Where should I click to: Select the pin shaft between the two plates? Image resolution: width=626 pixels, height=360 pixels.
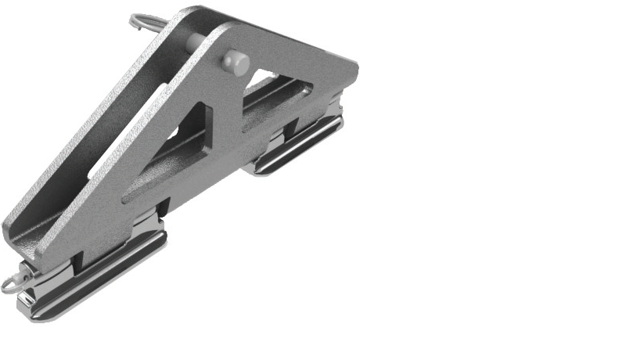[x=196, y=43]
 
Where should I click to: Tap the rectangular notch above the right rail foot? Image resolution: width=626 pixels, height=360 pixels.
[x=278, y=138]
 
